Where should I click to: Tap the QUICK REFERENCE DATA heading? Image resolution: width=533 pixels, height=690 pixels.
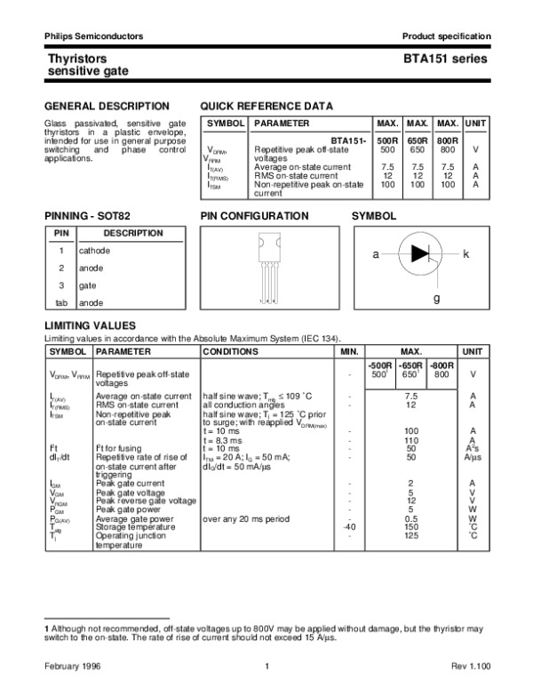[x=266, y=106]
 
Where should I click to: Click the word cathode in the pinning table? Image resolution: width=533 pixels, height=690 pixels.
[x=94, y=251]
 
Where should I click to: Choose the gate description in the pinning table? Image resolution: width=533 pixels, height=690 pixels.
[x=88, y=285]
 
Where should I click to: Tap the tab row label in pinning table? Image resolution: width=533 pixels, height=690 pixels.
[x=61, y=303]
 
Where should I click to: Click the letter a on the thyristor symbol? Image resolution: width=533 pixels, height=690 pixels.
[x=375, y=254]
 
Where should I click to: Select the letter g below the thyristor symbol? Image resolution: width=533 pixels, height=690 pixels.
[x=436, y=298]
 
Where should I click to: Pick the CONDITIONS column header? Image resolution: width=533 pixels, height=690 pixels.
[x=230, y=351]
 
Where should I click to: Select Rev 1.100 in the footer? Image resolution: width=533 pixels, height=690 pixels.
[x=468, y=666]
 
